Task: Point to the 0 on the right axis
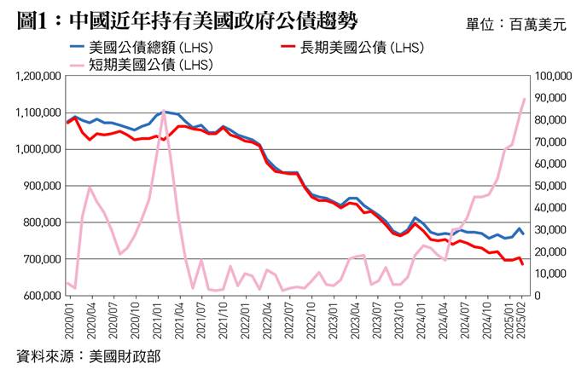pyautogui.click(x=535, y=295)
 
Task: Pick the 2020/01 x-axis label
pyautogui.click(x=68, y=322)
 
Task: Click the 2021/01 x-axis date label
pyautogui.click(x=161, y=322)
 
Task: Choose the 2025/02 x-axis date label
pyautogui.click(x=523, y=322)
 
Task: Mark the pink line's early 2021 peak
pyautogui.click(x=164, y=111)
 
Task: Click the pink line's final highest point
pyautogui.click(x=524, y=99)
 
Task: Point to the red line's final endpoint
pyautogui.click(x=523, y=264)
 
